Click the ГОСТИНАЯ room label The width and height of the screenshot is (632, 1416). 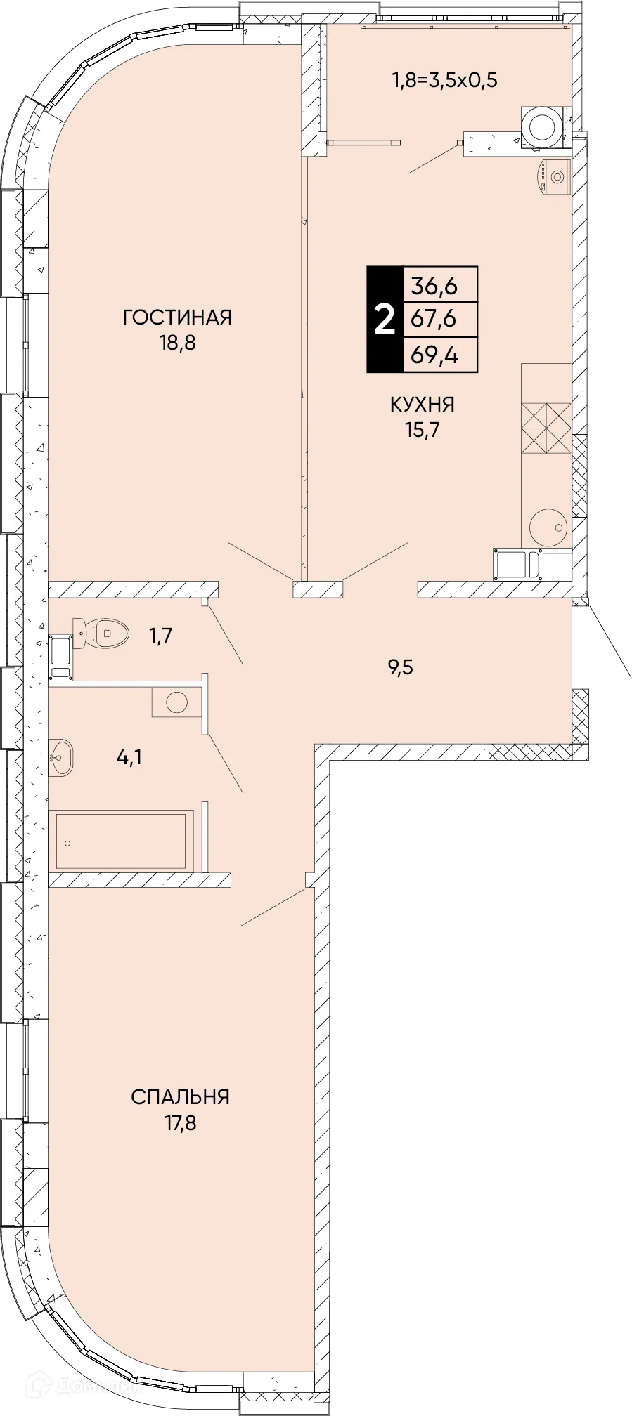(x=177, y=317)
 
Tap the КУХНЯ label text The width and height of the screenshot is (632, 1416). (x=423, y=405)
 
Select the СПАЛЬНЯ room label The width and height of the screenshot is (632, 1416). (x=181, y=1097)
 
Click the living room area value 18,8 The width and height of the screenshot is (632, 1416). (x=177, y=343)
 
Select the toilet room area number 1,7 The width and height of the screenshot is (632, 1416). (x=160, y=636)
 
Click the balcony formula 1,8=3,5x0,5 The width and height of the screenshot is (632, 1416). (x=444, y=80)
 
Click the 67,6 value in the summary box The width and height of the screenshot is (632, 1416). (x=434, y=320)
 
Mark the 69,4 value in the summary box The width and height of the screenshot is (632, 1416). (x=434, y=355)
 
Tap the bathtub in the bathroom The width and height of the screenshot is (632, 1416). (x=121, y=840)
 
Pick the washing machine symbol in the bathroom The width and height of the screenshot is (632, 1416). (x=176, y=702)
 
